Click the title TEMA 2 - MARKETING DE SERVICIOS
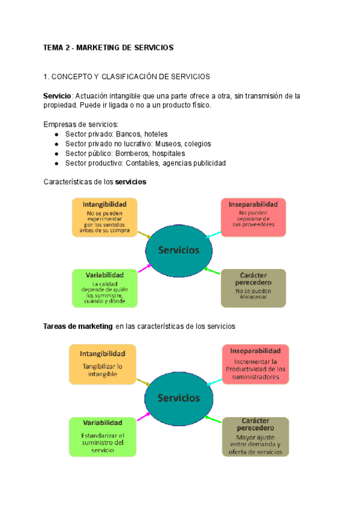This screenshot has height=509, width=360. (x=108, y=47)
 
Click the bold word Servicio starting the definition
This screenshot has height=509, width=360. (x=58, y=95)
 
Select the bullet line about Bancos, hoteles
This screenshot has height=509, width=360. (x=116, y=134)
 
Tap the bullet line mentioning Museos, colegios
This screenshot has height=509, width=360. (x=137, y=143)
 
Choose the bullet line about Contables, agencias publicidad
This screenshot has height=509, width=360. (x=145, y=163)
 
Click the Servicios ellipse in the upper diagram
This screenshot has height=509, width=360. (x=178, y=250)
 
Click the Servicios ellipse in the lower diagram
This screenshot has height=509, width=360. (x=178, y=397)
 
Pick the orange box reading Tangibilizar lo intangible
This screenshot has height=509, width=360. (x=102, y=364)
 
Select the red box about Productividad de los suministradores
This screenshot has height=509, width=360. (x=256, y=364)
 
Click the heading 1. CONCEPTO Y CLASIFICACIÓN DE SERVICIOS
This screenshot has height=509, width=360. (x=127, y=76)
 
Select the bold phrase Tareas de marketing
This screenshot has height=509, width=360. (x=78, y=326)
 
